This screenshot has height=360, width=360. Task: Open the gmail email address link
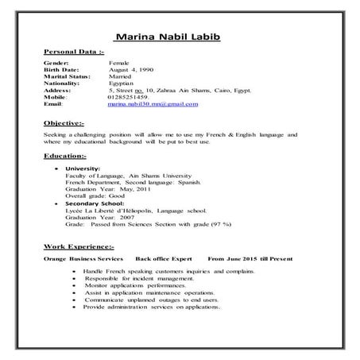(153, 104)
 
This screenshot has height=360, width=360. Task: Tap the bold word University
(83, 168)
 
